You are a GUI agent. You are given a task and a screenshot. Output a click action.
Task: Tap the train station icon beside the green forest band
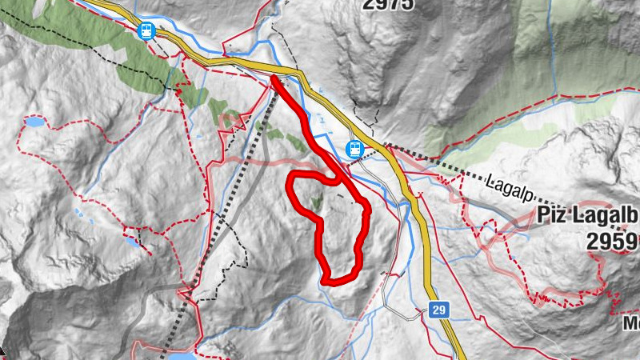[x=146, y=31]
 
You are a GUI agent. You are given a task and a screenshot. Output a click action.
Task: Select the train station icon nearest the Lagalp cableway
[x=354, y=149]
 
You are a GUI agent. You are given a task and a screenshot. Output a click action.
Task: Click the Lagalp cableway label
[x=509, y=185]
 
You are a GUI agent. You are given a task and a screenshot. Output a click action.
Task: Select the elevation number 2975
[x=388, y=5]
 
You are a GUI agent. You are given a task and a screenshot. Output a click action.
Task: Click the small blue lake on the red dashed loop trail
[x=34, y=123]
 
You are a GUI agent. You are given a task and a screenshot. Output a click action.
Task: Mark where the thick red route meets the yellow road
[x=274, y=78]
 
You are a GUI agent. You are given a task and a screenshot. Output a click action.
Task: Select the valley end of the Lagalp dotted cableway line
[x=387, y=146]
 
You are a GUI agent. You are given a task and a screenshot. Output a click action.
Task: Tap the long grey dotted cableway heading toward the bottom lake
[x=216, y=240]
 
